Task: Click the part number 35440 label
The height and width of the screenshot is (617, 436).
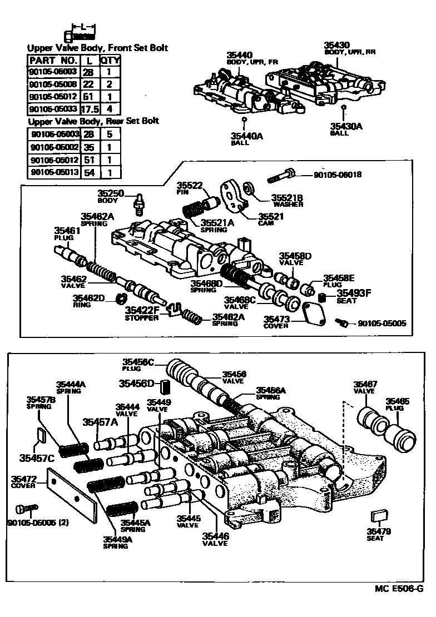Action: (239, 55)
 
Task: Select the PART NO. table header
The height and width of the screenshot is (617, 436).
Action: (53, 60)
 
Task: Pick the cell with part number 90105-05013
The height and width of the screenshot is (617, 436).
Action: (54, 172)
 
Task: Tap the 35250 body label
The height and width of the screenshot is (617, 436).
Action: (110, 193)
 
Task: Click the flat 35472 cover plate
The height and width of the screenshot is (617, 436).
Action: (72, 494)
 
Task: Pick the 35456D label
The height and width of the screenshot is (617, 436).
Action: (136, 383)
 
